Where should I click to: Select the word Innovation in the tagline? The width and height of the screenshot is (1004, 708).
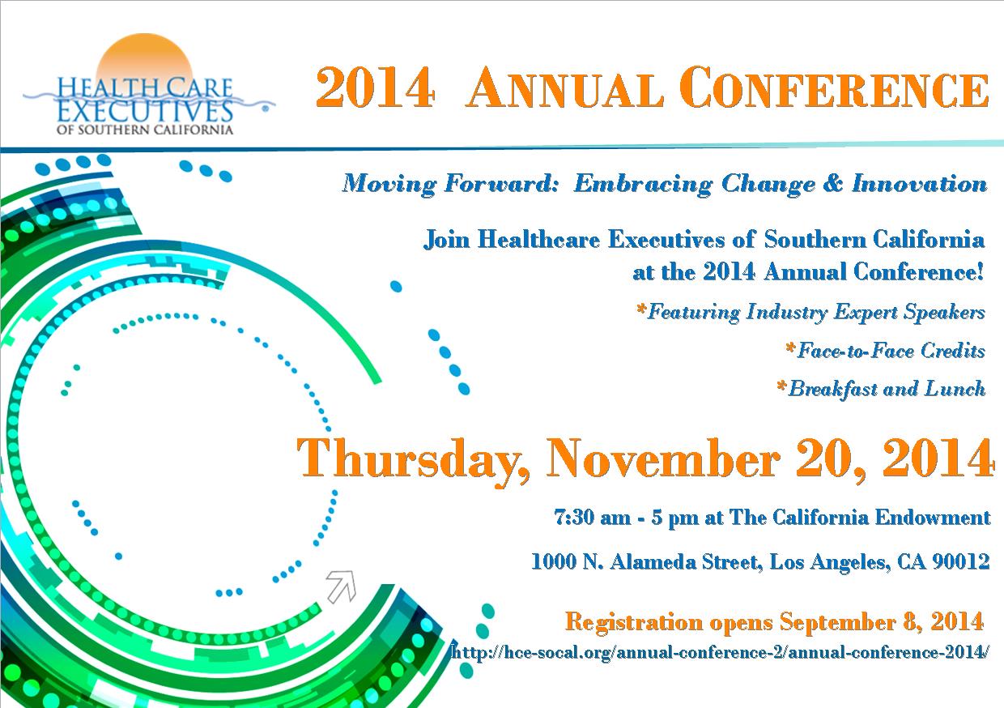click(919, 183)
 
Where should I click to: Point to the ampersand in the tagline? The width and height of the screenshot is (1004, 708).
click(833, 183)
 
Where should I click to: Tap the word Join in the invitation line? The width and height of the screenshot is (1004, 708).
click(446, 239)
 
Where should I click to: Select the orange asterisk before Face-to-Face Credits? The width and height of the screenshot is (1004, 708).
click(790, 348)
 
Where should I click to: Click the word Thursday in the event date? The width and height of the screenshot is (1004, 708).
click(413, 459)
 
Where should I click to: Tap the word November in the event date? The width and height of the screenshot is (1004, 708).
click(664, 458)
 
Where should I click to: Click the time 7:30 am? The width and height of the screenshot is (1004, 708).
click(593, 518)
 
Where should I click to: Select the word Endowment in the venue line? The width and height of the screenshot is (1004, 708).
click(933, 518)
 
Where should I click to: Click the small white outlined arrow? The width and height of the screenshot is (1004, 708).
click(342, 586)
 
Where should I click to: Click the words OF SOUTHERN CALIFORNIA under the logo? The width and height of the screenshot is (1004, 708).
click(145, 130)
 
